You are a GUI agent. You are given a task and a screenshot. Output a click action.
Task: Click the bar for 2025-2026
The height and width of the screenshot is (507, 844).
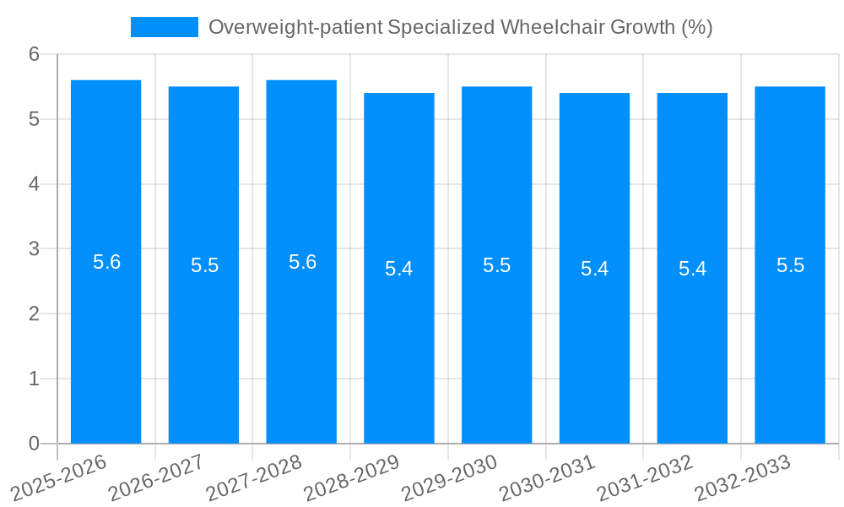[x=105, y=338]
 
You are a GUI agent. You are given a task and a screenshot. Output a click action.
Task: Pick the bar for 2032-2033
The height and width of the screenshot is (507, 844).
[x=790, y=338]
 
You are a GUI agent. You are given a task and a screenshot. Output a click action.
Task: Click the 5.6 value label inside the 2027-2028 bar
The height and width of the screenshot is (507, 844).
[x=302, y=262]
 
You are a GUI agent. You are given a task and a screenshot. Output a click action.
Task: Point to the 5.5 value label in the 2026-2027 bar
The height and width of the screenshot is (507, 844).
[x=204, y=265]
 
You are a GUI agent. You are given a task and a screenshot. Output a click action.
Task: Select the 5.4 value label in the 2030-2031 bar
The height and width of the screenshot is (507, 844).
[x=594, y=269]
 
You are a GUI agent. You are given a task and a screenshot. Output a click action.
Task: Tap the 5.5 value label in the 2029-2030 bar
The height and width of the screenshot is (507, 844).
[x=496, y=265]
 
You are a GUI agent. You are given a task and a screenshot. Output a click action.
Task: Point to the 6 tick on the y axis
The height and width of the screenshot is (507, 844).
[x=35, y=54]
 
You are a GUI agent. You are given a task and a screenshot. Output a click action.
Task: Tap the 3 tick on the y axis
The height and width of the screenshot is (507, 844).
[x=35, y=248]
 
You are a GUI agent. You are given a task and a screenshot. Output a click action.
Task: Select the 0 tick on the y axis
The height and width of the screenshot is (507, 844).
[x=35, y=444]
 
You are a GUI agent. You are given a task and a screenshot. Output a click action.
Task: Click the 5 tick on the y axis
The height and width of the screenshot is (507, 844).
[x=35, y=119]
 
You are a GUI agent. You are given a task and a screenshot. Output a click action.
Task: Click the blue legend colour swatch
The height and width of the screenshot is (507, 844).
[x=164, y=27]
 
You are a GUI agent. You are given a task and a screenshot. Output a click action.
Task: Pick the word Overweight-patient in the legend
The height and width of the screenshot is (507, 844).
[x=295, y=27]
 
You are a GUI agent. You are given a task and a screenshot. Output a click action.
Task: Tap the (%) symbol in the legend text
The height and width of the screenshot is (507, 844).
[x=696, y=27]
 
